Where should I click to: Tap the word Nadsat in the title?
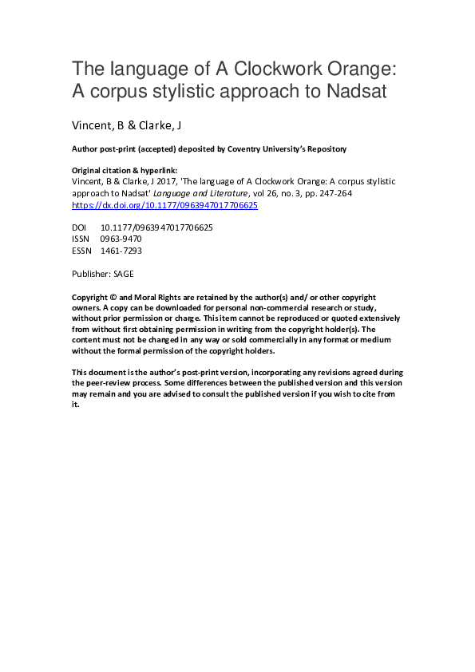(x=355, y=91)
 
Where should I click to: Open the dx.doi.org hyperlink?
(x=164, y=205)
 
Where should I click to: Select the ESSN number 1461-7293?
(x=121, y=250)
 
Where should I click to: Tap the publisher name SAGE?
(x=124, y=273)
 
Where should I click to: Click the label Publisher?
(x=91, y=273)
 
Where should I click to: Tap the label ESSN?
(x=82, y=250)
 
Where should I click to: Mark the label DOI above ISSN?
(x=79, y=227)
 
